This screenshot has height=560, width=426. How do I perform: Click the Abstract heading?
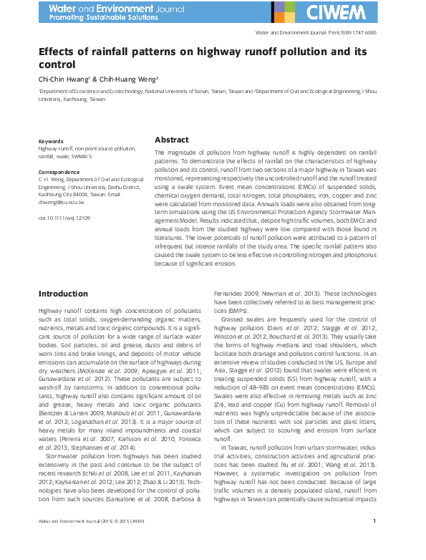pos(172,140)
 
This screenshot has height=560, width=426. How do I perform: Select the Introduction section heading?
pos(63,294)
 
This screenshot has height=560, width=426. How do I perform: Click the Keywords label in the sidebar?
pos(51,142)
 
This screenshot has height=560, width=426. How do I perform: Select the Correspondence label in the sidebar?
pos(59,173)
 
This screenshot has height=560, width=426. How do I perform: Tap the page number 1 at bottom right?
pos(374,541)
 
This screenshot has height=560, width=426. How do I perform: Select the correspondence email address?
pos(67,202)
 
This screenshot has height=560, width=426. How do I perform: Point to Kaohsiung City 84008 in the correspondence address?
pos(68,194)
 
